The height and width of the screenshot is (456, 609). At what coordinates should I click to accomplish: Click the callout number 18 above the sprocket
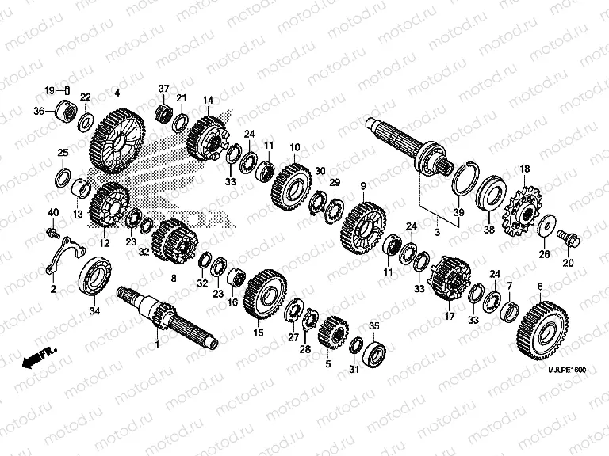coord(524,169)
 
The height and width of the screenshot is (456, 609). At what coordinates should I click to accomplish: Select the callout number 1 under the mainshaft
coord(157,345)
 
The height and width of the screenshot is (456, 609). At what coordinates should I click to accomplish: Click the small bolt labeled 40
coord(52,232)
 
